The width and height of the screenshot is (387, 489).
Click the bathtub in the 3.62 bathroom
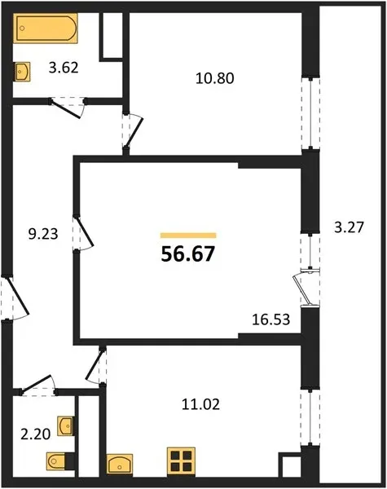pos(46,28)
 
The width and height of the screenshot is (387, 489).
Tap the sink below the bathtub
pos(22,72)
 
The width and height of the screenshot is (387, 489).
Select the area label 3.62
pos(64,68)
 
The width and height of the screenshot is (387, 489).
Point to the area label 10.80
pos(215,78)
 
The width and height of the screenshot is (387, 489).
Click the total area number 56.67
pos(188,254)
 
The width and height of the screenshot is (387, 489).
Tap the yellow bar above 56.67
pos(188,236)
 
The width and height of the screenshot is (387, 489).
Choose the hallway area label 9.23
pos(43,234)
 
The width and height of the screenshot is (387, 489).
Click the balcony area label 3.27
pos(349,227)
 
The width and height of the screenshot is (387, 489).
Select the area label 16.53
pos(271,319)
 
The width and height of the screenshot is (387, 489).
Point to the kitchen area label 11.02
pos(200,404)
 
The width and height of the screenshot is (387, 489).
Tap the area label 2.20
pos(36,434)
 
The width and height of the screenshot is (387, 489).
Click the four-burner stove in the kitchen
pos(181,462)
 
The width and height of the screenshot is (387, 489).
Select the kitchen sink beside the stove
pos(120,464)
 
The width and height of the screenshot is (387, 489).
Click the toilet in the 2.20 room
pos(60,460)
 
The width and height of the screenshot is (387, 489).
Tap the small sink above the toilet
pos(65,425)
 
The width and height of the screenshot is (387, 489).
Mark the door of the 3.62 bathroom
pos(67,108)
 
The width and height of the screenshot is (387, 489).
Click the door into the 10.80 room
pos(134,131)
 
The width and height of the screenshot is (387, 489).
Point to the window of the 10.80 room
pos(310,113)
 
